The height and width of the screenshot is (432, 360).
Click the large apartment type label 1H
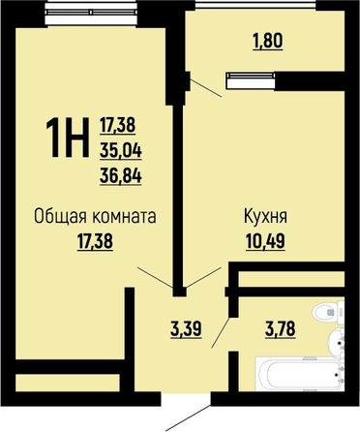point(68,138)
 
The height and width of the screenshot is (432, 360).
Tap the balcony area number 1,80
point(268,42)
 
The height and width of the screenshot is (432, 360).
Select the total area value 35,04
point(121,151)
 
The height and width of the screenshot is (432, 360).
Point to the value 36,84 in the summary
point(121,176)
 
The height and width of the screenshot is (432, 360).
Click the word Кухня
point(265,217)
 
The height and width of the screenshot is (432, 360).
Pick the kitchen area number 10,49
point(265,241)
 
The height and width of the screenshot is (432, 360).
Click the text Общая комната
point(95,216)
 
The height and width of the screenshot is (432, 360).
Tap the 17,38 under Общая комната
point(95,241)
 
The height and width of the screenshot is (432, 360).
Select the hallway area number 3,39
point(187,329)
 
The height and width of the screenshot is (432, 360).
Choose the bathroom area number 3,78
point(280,329)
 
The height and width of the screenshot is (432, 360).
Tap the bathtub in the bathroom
point(299,374)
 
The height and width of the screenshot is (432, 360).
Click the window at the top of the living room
point(91,13)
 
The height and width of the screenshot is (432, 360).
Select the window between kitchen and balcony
point(251,80)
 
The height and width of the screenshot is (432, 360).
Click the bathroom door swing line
point(221,333)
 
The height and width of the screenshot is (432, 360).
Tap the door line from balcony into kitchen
point(206,88)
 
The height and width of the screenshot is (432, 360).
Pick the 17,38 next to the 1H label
point(117,125)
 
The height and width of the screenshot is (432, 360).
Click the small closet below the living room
point(68,383)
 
